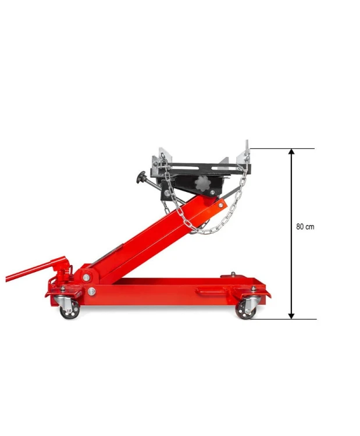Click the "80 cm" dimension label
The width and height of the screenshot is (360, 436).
[x=305, y=227]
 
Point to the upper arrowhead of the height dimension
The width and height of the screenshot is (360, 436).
[x=291, y=152]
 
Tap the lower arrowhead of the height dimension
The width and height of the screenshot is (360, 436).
[x=291, y=316]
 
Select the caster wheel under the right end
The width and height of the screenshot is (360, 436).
[x=245, y=310]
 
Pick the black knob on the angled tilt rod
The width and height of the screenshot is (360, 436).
[x=141, y=177]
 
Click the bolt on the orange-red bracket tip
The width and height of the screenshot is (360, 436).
[x=220, y=205]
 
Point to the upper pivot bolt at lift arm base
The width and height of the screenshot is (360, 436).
[x=87, y=277]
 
